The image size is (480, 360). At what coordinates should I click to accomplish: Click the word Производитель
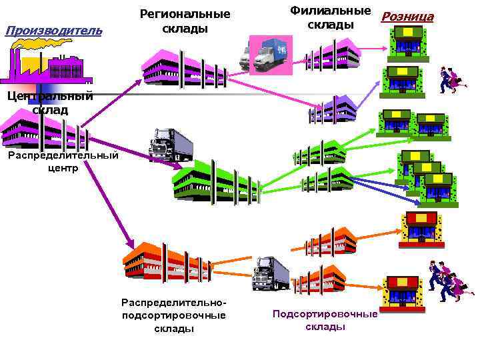click(53, 30)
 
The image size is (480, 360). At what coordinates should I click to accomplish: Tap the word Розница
click(407, 17)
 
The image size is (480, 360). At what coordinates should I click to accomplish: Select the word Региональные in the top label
click(185, 14)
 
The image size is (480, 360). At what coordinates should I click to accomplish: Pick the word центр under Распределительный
click(63, 168)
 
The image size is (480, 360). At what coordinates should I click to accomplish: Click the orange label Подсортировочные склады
click(325, 320)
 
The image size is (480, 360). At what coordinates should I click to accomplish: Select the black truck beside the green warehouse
click(171, 144)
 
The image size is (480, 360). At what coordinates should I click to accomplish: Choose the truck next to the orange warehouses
click(271, 273)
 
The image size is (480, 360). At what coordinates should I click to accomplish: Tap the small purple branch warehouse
click(333, 109)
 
